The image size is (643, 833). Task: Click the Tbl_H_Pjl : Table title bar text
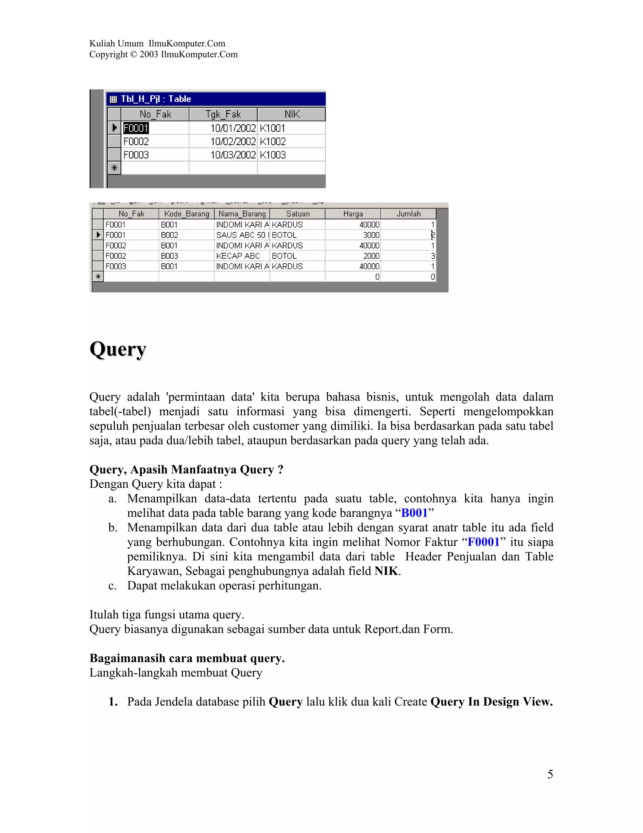tap(156, 99)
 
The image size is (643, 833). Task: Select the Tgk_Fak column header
tap(223, 114)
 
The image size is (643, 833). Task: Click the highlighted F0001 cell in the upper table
tap(136, 128)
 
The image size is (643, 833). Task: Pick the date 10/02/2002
tap(233, 141)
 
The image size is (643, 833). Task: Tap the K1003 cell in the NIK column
tap(273, 155)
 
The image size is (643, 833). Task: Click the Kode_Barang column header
tap(187, 214)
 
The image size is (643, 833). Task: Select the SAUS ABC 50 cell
tap(242, 235)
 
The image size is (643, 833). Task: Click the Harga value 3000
tap(371, 235)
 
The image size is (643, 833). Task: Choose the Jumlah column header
tap(408, 214)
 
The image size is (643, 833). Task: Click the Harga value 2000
tap(371, 256)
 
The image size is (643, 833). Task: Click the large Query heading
tap(118, 349)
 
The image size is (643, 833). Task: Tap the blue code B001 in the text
tap(414, 513)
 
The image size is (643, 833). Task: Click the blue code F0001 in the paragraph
tap(484, 542)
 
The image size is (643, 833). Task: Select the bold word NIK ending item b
tap(386, 571)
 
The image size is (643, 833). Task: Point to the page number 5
tap(550, 774)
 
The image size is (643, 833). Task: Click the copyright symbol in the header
tap(133, 55)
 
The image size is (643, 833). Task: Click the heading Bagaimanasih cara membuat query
tap(187, 658)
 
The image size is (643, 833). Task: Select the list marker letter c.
tap(112, 586)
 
